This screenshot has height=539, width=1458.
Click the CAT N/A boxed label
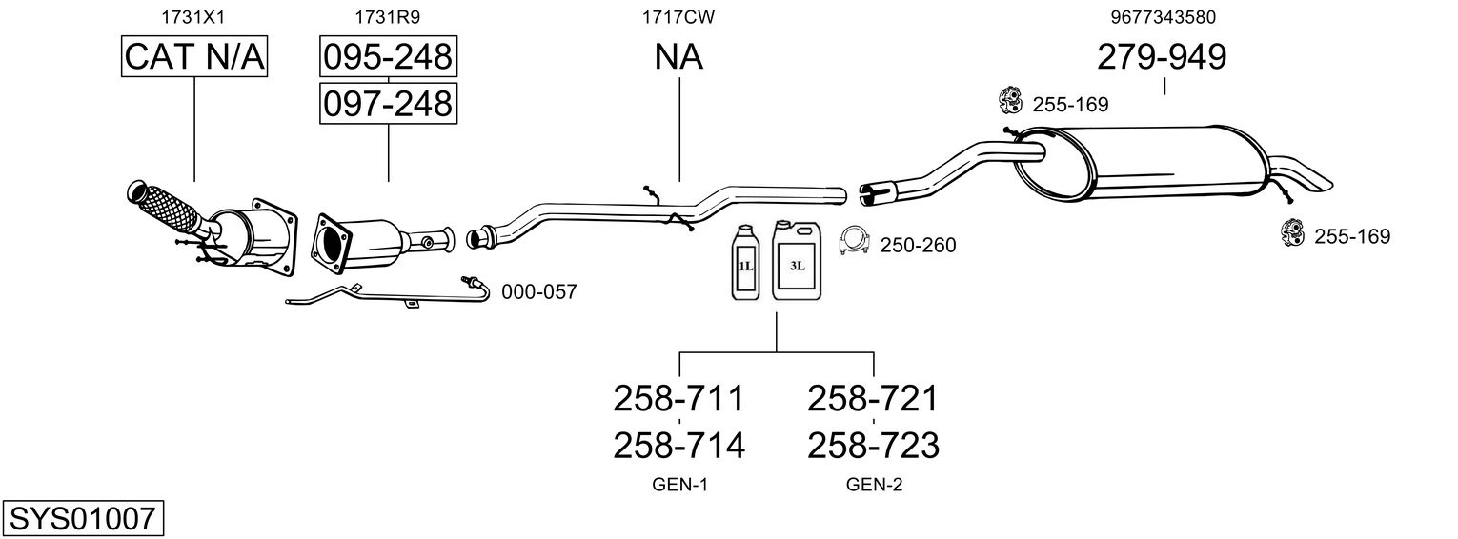coord(194,57)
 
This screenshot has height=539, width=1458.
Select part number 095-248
coord(388,57)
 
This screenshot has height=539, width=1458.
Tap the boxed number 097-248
coord(388,103)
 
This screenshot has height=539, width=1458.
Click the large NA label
coord(678,57)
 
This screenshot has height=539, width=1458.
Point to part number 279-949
coord(1162,57)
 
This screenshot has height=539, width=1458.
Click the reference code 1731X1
coord(194,16)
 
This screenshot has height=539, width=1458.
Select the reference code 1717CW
coord(678,16)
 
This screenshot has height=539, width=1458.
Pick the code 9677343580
coord(1163,16)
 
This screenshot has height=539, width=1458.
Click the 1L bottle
coord(744,264)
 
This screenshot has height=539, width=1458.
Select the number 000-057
coord(538,292)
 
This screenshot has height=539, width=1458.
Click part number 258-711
coord(678,398)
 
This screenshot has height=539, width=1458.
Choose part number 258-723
coord(873,445)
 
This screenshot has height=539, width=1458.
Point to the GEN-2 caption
coord(873,486)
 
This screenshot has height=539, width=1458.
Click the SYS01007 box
coord(83,519)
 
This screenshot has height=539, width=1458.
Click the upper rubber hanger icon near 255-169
coord(1009,99)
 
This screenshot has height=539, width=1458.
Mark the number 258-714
coord(678,445)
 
